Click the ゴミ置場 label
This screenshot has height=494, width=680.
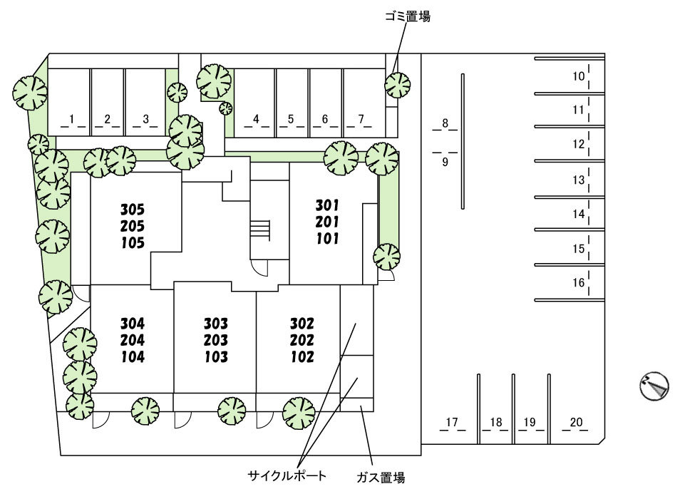pos(407,16)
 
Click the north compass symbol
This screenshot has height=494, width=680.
pos(654,386)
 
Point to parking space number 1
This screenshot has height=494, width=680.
pos(73,118)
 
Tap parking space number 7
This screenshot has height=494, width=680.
pos(361,118)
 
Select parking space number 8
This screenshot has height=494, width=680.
pos(445,123)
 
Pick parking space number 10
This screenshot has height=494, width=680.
pos(578,76)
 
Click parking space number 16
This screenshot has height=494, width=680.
pos(578,283)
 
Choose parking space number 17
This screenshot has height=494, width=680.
pos(450,423)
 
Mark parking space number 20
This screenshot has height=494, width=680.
pos(576,423)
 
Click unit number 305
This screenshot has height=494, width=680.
pos(133,210)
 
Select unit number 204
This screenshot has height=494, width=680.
pos(133,340)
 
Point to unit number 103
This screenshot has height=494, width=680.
pos(215,356)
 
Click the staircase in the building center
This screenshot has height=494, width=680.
pos(259,230)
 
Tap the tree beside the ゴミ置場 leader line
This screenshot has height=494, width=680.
pos(397,85)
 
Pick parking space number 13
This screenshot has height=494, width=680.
pos(578,180)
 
